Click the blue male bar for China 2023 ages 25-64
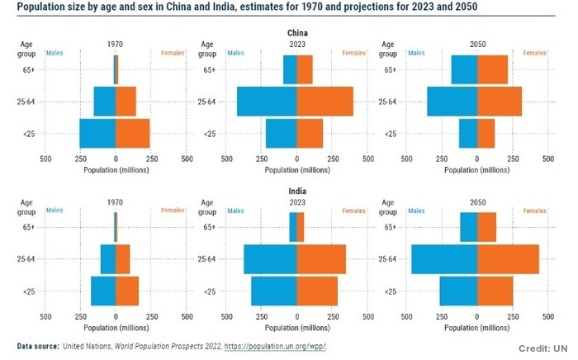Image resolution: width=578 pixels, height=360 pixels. click(267, 102)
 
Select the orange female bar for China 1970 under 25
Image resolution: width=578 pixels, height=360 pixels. click(133, 134)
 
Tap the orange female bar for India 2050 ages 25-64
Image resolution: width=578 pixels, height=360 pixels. click(508, 259)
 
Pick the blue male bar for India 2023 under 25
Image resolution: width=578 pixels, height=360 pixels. click(273, 291)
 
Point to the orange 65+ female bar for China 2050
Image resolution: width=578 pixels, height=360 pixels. click(492, 69)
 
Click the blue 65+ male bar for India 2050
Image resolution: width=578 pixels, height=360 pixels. click(468, 227)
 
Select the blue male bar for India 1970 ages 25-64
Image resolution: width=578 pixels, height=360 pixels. click(108, 259)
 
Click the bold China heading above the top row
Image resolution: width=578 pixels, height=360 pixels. click(296, 33)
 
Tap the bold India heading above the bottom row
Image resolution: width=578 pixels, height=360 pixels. click(296, 191)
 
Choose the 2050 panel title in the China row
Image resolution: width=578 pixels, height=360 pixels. click(477, 44)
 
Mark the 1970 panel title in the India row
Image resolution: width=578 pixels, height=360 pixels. click(116, 201)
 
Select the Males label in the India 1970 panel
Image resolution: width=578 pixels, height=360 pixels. click(54, 211)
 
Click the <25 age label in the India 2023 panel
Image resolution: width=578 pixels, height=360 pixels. click(210, 291)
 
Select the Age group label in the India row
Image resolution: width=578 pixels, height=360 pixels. click(26, 206)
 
